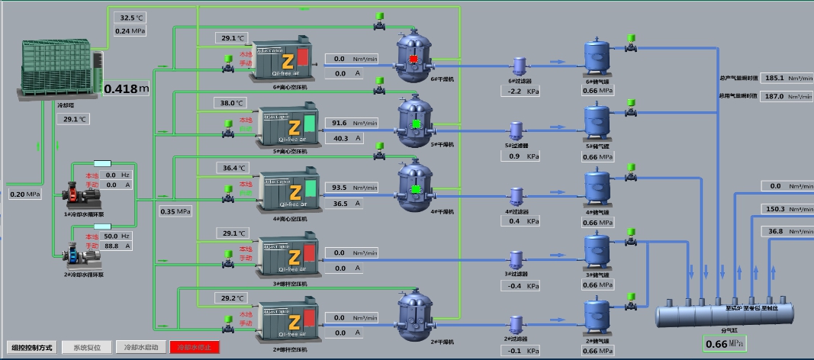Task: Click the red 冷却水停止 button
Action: pyautogui.click(x=195, y=347)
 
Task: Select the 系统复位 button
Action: pyautogui.click(x=87, y=347)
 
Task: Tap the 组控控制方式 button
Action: pyautogui.click(x=33, y=347)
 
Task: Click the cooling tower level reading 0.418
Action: pyautogui.click(x=121, y=89)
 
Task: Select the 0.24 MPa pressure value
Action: pyautogui.click(x=130, y=31)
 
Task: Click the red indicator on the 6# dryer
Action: pyautogui.click(x=413, y=59)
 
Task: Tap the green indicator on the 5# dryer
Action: pyautogui.click(x=416, y=124)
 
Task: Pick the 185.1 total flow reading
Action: pyautogui.click(x=774, y=78)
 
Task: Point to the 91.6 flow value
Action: pyautogui.click(x=339, y=123)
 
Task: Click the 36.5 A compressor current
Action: pyautogui.click(x=339, y=204)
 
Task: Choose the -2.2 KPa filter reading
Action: pyautogui.click(x=514, y=92)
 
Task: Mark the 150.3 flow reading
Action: pyautogui.click(x=775, y=209)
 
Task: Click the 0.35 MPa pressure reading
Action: pyautogui.click(x=175, y=211)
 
